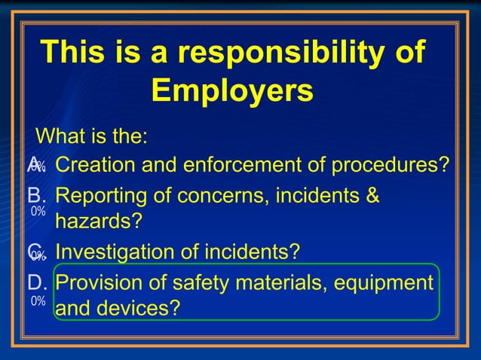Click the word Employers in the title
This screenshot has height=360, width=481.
(x=231, y=91)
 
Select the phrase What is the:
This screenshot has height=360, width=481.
(x=91, y=138)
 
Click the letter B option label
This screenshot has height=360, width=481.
(x=37, y=196)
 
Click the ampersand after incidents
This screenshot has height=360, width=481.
(x=371, y=196)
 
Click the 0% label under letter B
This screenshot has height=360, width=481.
(x=38, y=212)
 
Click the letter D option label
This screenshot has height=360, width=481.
(x=37, y=282)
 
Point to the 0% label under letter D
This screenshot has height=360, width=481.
(x=38, y=301)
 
